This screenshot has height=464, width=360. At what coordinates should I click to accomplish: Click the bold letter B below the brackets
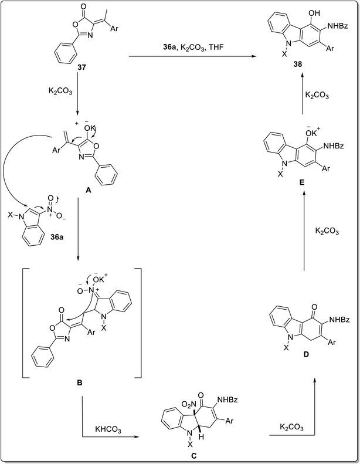pos(79,382)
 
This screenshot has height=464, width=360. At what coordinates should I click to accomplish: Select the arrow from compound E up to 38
pos(303,96)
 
